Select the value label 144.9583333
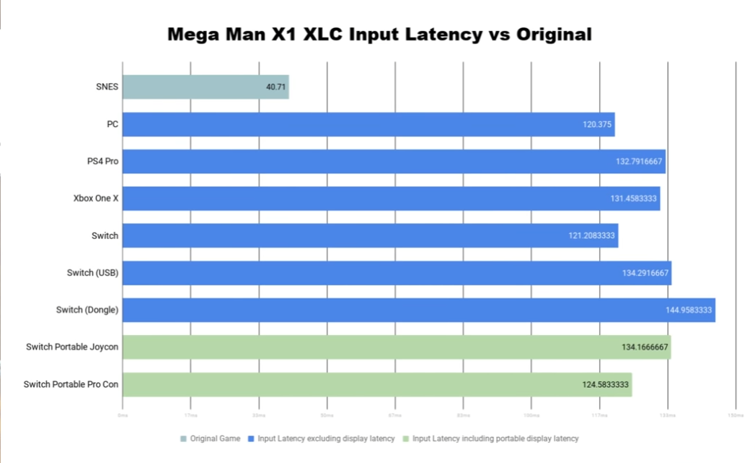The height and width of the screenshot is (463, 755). (x=689, y=310)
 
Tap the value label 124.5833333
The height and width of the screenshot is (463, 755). (x=606, y=384)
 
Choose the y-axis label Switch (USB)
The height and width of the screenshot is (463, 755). (x=92, y=273)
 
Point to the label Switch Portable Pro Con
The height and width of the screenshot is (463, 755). (x=71, y=384)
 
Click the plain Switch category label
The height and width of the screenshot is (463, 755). (x=105, y=235)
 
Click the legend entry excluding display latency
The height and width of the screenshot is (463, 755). (x=325, y=438)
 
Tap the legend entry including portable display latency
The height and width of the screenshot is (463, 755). (x=495, y=438)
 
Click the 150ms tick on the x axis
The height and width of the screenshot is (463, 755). (x=735, y=415)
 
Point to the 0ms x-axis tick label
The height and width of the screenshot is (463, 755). (x=123, y=415)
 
